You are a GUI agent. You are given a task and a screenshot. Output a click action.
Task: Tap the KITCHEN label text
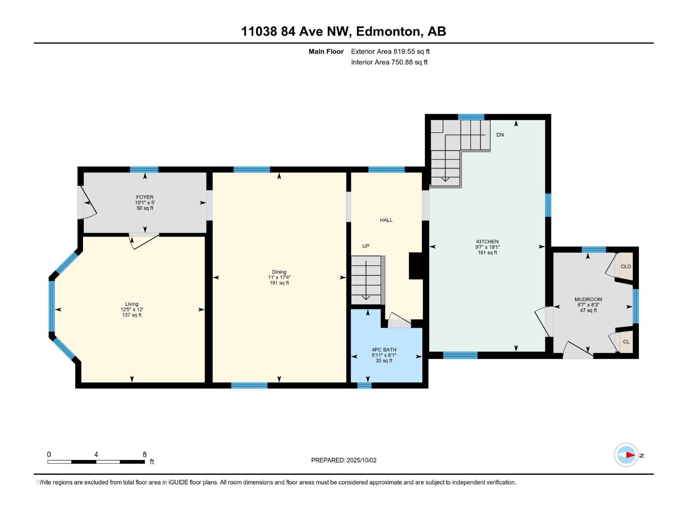coord(487,242)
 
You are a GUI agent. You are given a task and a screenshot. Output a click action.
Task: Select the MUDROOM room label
coord(588,299)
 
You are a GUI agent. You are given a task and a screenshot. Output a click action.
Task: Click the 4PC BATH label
coord(384,350)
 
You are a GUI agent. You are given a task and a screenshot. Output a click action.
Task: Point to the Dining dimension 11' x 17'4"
coord(279,277)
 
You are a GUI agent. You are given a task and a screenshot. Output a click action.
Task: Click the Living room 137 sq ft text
coord(132,315)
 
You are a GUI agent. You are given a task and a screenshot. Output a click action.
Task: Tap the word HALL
coord(386,220)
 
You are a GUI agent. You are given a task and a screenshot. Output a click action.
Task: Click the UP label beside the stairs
coord(365,246)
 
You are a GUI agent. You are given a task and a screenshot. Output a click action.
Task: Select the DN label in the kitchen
coord(500,135)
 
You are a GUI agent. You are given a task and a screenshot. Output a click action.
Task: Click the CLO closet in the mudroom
coord(626,267)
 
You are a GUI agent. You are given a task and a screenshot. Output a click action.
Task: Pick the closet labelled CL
coord(626,342)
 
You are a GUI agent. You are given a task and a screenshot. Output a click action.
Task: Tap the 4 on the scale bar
coord(96,455)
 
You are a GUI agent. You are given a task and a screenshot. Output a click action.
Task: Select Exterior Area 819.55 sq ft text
coord(390,52)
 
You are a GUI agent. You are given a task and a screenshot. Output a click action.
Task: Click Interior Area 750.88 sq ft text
coord(389,62)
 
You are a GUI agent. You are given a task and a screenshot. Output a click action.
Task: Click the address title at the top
coord(343,31)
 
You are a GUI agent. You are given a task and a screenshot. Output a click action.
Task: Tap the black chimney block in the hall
coord(415,266)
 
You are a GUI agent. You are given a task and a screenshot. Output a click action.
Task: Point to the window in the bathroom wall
coord(364,385)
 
